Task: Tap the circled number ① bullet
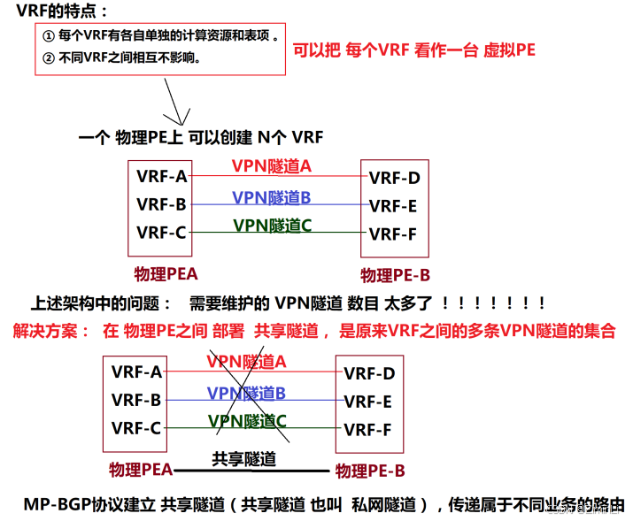[x=48, y=37]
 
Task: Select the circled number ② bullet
[x=48, y=58]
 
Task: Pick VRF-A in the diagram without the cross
[x=161, y=176]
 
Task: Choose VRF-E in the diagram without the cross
[x=394, y=206]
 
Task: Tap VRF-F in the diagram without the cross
[x=394, y=234]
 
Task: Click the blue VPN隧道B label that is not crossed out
[x=271, y=197]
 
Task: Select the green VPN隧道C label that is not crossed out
[x=272, y=226]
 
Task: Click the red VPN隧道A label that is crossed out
[x=246, y=361]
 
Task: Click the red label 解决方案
[x=50, y=332]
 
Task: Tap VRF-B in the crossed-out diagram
[x=136, y=400]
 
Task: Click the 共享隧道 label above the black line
[x=243, y=459]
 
